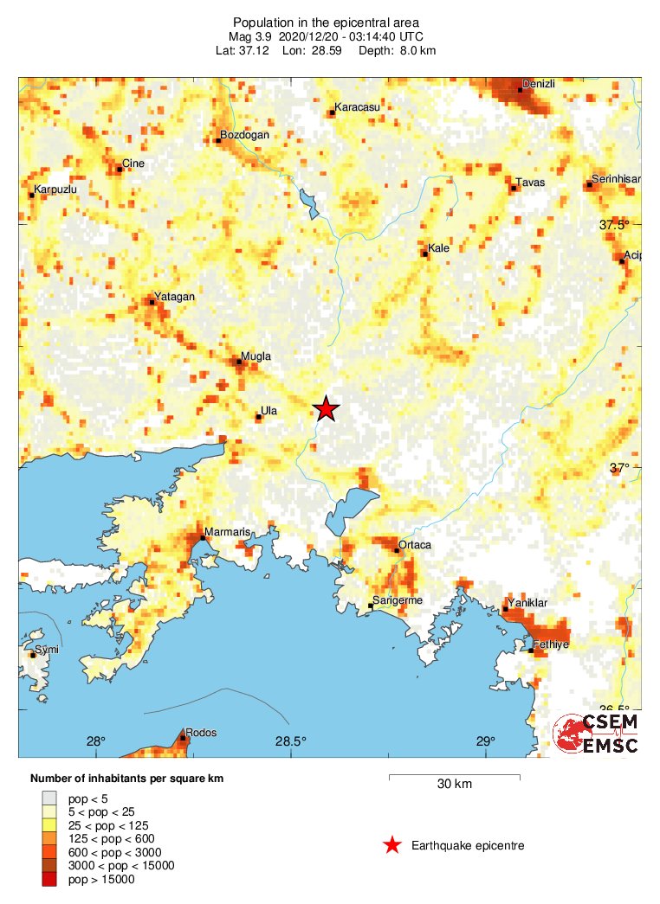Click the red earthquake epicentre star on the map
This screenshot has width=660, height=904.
pos(325,408)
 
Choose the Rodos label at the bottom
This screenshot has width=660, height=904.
pos(201,733)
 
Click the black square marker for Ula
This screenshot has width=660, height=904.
pos(258,417)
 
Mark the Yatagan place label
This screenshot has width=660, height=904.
pos(174,297)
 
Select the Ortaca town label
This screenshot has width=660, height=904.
pos(414,545)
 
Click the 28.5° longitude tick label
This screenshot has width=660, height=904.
pos(291,741)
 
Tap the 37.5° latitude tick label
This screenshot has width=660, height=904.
pos(617,225)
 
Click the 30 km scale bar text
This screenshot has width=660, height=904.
pos(455,785)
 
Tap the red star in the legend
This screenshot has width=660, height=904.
pos(392,845)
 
